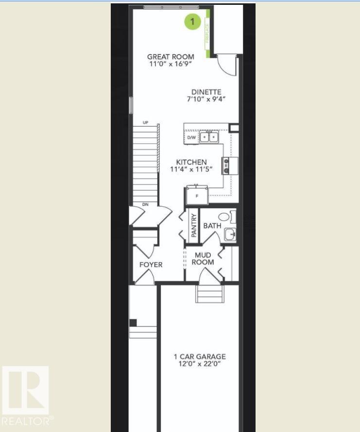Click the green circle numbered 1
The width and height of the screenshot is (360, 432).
point(193,21)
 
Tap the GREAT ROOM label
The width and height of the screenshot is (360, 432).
point(171,57)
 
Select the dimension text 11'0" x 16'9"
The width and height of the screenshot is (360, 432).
point(171,64)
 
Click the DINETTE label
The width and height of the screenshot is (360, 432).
point(206,92)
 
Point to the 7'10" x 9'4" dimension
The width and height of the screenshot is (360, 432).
point(206,99)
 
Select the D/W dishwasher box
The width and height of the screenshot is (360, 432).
point(191,138)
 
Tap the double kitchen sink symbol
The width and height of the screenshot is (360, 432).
point(209,138)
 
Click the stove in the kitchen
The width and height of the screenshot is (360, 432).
point(226,166)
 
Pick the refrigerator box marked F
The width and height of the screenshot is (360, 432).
point(197,196)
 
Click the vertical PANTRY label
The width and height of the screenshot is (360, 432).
point(194,226)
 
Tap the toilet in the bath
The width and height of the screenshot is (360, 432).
point(225,216)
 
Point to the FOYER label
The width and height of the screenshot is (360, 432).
point(151,265)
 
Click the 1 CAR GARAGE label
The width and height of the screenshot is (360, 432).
point(200,357)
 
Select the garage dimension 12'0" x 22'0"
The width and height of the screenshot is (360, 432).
point(200,364)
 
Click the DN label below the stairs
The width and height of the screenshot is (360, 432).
point(145,205)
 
